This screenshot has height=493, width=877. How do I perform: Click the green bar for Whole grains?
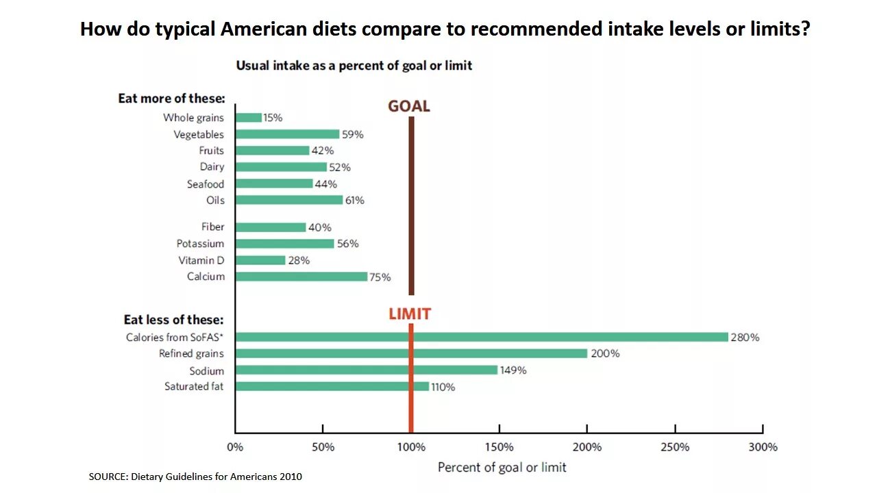pos(249,118)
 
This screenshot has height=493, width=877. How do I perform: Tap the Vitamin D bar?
pos(260,260)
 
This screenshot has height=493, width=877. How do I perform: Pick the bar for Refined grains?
pos(411,353)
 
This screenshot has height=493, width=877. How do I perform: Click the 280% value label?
pos(745,338)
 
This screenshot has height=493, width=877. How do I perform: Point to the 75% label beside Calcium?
pos(380,277)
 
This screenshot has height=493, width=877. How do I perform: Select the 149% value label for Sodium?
pos(513,370)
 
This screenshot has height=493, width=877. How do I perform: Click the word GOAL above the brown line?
pos(409,106)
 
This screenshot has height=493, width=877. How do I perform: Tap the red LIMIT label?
pos(410,314)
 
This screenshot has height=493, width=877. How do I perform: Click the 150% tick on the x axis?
pos(499,447)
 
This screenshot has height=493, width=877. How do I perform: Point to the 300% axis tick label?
pos(763,447)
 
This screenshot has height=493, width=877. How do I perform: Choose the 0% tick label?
pos(235,447)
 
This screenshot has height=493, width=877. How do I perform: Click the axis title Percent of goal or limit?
pos(502,467)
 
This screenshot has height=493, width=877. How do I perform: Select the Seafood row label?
pos(206,184)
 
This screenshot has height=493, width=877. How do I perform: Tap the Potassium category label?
pos(200,244)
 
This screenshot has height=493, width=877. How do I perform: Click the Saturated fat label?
pos(194,387)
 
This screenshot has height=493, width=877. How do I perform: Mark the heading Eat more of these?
pos(171,99)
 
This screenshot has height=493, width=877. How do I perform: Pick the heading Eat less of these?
pos(173,320)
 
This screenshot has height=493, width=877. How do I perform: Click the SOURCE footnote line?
pos(195,477)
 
